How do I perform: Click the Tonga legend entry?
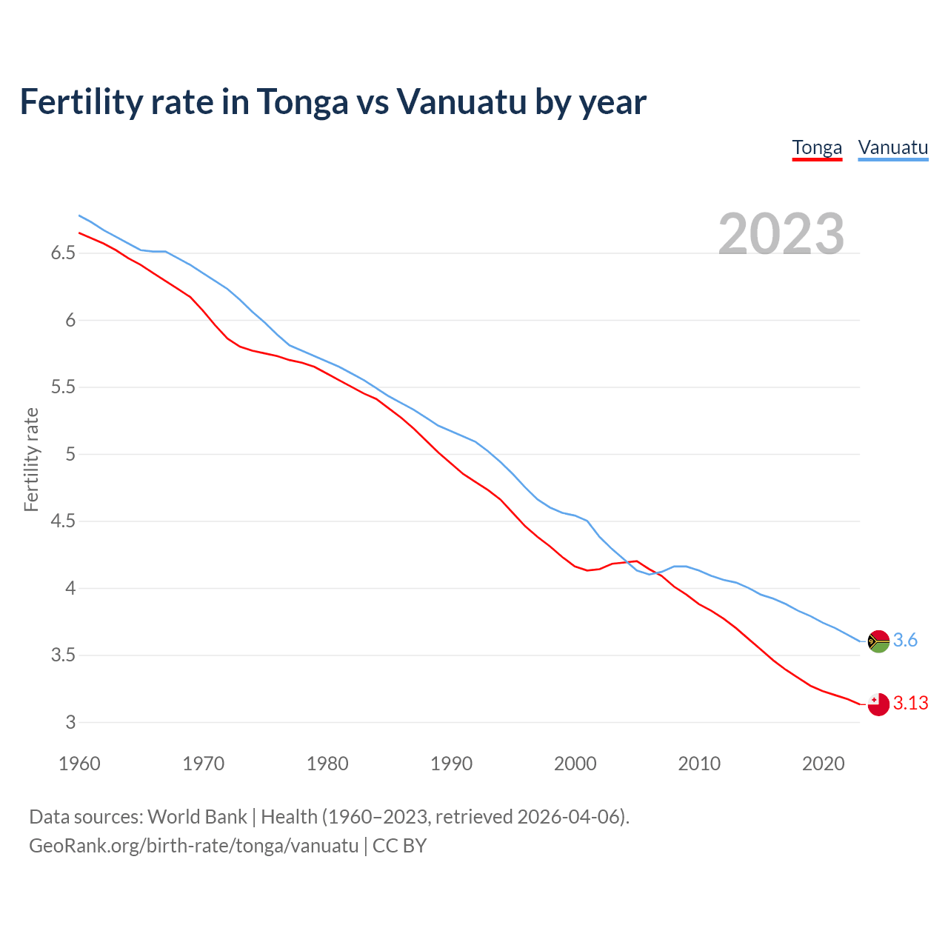click(x=817, y=147)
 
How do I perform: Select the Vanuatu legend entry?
click(x=892, y=147)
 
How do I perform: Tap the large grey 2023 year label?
click(x=781, y=234)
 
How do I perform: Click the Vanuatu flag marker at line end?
click(x=878, y=641)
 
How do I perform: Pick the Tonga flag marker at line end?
click(x=878, y=704)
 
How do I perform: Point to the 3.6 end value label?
click(x=905, y=640)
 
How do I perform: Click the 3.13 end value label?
click(x=910, y=703)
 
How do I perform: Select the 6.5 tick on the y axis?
click(x=63, y=253)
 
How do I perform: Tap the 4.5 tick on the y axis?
click(x=63, y=521)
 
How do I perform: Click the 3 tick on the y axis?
click(x=70, y=722)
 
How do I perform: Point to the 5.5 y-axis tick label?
click(x=63, y=387)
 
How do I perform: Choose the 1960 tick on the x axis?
click(x=79, y=764)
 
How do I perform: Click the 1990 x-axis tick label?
click(x=451, y=764)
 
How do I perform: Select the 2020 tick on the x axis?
click(x=823, y=764)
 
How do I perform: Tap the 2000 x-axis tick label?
click(x=575, y=764)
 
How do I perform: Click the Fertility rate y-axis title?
click(x=31, y=459)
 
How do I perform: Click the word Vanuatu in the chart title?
click(x=461, y=101)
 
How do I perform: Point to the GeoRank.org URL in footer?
click(x=193, y=845)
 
